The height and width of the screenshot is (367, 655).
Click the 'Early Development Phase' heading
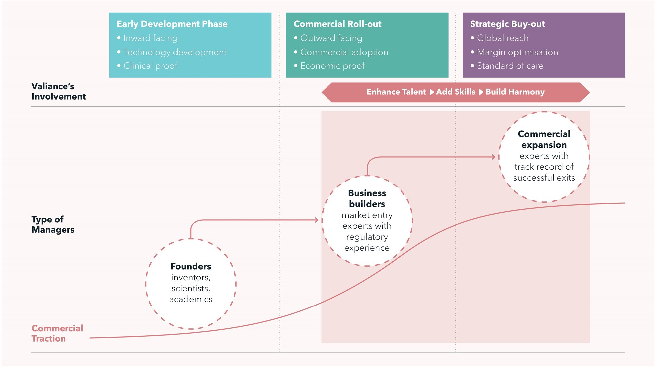click(172, 24)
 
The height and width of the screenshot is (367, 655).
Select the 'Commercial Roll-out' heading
click(337, 24)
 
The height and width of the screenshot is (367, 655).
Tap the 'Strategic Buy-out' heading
click(507, 24)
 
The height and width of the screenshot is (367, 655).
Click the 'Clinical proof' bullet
click(150, 66)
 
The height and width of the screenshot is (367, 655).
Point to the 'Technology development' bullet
click(175, 52)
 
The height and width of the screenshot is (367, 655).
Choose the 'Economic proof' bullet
click(332, 66)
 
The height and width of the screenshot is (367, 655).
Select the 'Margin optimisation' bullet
click(517, 52)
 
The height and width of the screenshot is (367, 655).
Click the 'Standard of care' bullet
click(510, 66)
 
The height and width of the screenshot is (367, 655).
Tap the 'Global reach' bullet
click(502, 38)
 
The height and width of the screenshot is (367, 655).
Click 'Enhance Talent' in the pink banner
click(396, 92)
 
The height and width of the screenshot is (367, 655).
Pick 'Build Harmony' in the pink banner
click(515, 92)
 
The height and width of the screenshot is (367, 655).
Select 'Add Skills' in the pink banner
click(456, 92)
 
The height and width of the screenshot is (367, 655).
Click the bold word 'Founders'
click(191, 266)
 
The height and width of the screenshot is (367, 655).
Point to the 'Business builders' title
click(367, 198)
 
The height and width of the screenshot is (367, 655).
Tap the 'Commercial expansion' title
click(544, 139)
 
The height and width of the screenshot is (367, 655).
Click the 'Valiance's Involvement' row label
click(59, 91)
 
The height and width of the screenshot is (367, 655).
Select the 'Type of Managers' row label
click(53, 224)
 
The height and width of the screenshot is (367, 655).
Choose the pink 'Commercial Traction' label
click(57, 333)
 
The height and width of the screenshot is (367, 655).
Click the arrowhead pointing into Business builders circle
click(317, 220)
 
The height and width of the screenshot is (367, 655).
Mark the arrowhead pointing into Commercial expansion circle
click(493, 157)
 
